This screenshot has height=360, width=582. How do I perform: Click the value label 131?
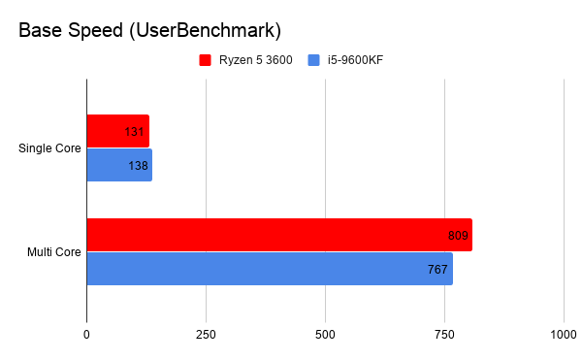135,131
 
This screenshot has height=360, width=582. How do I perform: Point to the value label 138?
138,166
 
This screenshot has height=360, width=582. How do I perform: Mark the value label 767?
438,269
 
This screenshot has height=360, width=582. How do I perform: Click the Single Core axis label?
49,148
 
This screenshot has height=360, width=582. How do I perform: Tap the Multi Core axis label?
53,252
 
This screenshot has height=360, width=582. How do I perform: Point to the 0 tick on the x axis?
87,335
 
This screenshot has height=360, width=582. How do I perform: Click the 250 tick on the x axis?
206,335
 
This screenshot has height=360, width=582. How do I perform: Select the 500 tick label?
325,335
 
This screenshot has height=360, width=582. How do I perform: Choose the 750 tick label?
444,335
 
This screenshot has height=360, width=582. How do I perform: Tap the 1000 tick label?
563,335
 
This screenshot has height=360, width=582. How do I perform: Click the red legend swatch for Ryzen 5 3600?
205,60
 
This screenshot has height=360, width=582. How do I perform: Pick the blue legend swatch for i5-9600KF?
313,60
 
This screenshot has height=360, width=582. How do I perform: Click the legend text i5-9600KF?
355,60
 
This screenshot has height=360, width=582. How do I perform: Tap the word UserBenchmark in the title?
193,32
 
